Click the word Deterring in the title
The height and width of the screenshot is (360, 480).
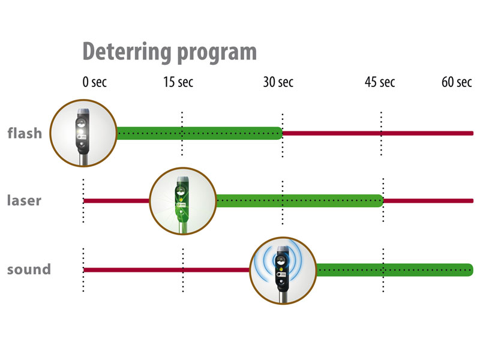pos(124,52)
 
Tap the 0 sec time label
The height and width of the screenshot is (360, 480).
pos(95,83)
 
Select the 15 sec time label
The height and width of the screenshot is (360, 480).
pos(178,83)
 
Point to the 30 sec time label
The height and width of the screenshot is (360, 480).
pos(278,83)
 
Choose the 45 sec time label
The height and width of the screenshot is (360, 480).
pos(380,83)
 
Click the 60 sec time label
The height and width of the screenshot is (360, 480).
pos(457,83)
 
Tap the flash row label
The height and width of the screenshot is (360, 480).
pos(25,133)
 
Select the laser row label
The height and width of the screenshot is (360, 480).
pos(24,200)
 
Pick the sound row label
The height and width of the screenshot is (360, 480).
pos(29,269)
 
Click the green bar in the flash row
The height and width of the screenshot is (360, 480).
pos(198,133)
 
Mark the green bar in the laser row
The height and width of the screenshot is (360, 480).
pos(300,201)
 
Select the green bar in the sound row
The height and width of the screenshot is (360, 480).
pos(396,270)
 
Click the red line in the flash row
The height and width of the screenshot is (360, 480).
pos(378,133)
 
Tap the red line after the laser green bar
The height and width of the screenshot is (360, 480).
pos(429,200)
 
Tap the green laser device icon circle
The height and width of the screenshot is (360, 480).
pos(182,200)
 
